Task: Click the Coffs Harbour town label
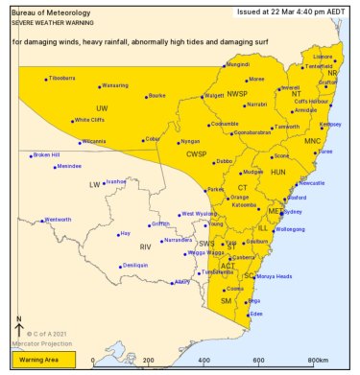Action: click(312, 101)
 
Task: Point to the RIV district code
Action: click(146, 246)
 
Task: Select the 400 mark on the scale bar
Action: click(203, 361)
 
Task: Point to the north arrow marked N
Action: click(20, 327)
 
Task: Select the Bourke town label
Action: click(157, 96)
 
